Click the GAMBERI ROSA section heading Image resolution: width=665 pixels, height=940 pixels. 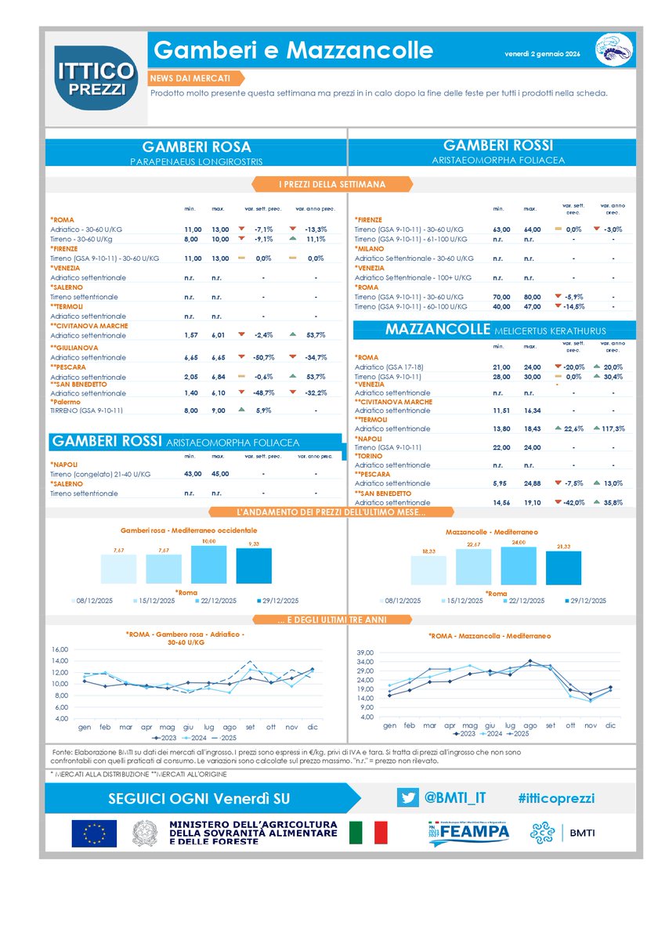tap(196, 147)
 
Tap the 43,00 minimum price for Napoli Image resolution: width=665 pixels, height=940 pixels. tap(182, 473)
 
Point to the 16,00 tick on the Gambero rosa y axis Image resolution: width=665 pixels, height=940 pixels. tap(60, 649)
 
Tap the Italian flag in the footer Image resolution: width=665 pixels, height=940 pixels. tap(368, 833)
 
